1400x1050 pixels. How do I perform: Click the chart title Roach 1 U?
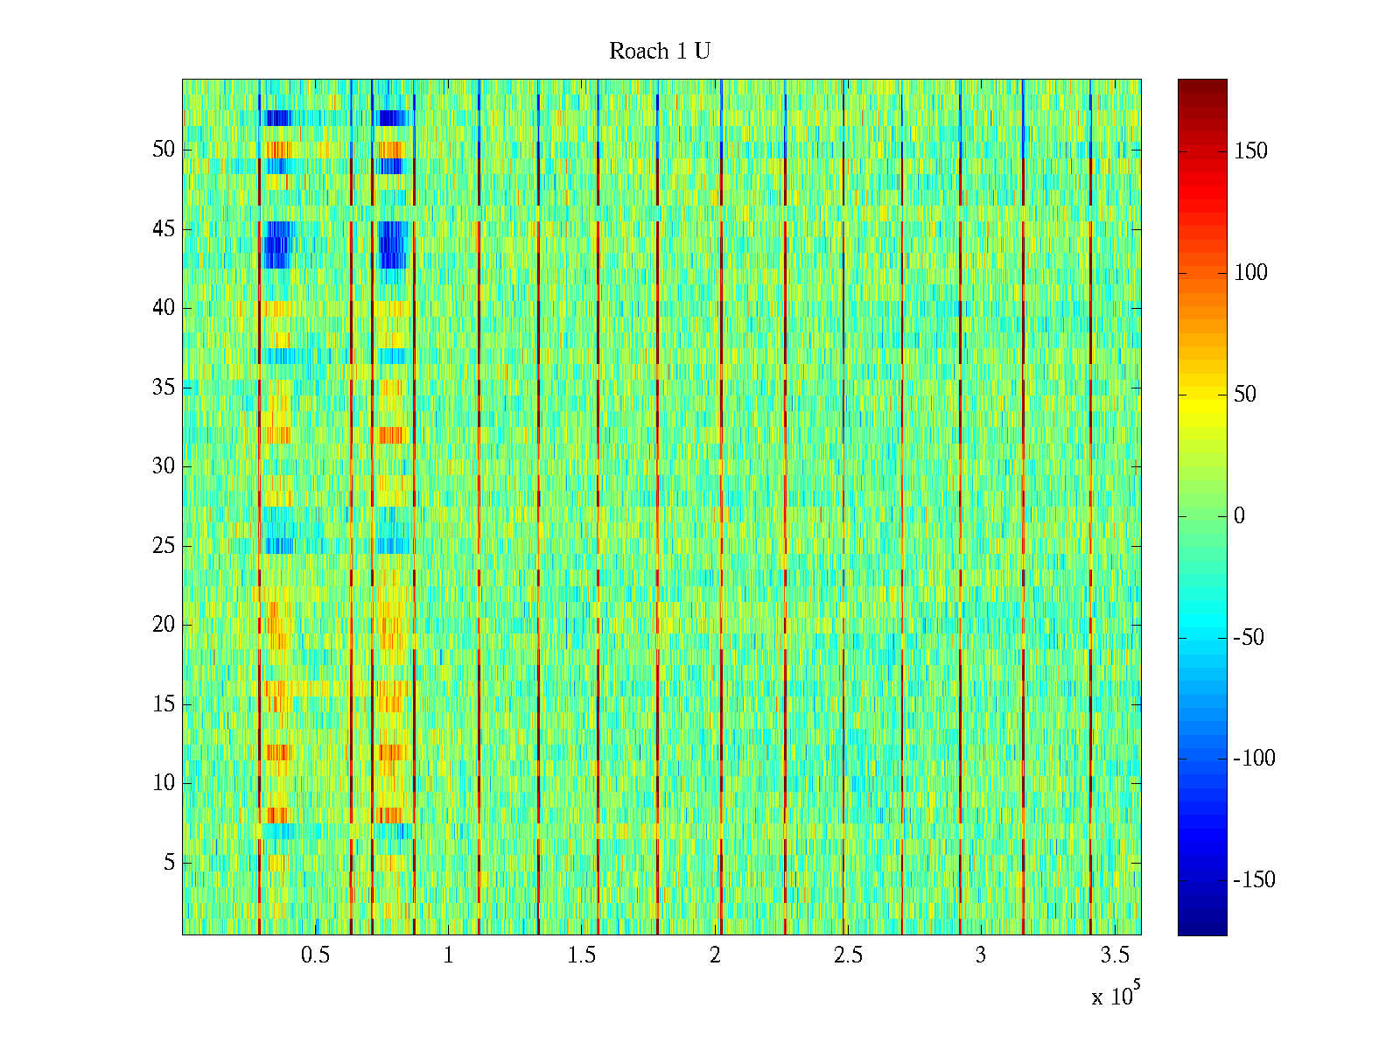pos(659,52)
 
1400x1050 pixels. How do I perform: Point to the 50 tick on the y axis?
pos(164,150)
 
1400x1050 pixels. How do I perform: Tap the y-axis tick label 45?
pos(164,229)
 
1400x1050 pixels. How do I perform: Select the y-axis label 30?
pos(164,466)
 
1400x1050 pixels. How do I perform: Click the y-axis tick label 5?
pos(169,863)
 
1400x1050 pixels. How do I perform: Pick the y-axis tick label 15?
pos(164,704)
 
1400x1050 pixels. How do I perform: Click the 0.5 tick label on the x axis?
pos(315,955)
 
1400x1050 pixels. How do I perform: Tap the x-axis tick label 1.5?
pos(581,955)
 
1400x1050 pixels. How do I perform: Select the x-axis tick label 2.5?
pos(848,955)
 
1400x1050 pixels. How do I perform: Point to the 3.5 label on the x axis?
pos(1114,955)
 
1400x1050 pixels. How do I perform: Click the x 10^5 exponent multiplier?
pos(1115,996)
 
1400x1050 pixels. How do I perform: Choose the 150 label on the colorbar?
pos(1250,151)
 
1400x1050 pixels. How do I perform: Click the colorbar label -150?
pos(1254,880)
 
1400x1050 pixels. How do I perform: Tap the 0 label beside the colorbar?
pos(1239,516)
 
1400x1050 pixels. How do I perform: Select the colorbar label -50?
pos(1249,638)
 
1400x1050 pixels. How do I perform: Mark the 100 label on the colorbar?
pos(1250,273)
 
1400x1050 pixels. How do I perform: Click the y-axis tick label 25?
pos(164,546)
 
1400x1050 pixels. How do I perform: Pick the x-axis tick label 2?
pos(715,955)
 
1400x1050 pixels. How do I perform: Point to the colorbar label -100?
pos(1254,759)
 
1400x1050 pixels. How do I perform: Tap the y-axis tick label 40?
pos(164,308)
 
